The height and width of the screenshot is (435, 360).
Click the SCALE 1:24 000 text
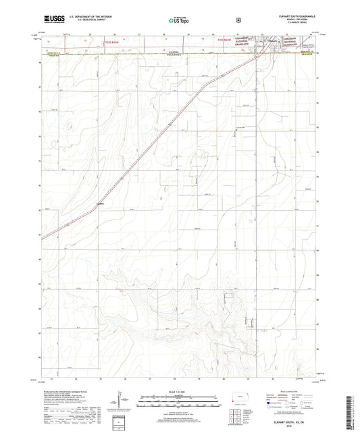point(179,399)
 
